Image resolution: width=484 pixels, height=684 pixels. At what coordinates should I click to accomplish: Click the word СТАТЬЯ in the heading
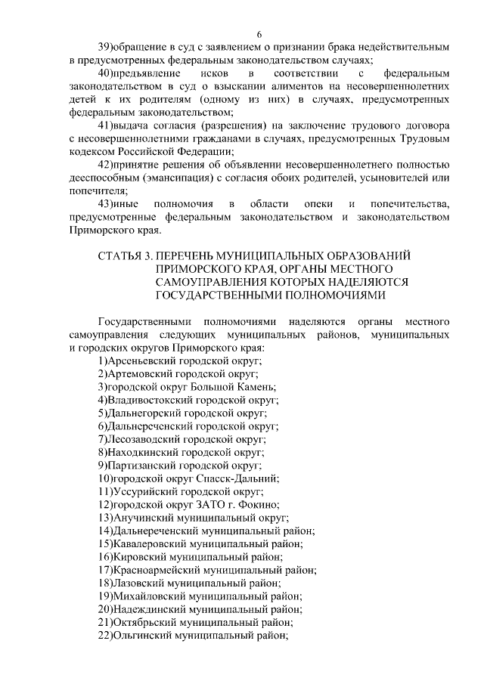pyautogui.click(x=120, y=257)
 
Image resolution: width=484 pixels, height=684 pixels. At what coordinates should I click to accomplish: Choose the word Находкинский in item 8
pyautogui.click(x=142, y=452)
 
